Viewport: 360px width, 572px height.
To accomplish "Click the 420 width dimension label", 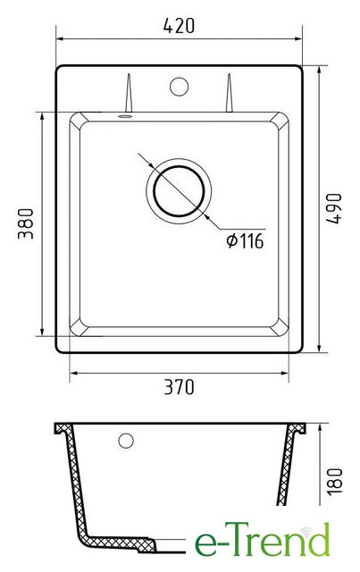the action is [179, 26].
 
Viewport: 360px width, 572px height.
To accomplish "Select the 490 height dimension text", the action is [334, 208].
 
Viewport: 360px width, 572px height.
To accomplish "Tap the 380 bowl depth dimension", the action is [26, 223].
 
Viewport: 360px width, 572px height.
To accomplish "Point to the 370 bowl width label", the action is [179, 387].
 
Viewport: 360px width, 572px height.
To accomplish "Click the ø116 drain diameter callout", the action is [245, 240].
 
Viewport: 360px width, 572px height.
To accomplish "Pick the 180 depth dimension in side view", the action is [334, 482].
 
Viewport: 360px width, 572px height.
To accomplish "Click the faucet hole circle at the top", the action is [179, 87].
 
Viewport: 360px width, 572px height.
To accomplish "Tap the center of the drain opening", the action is [179, 191].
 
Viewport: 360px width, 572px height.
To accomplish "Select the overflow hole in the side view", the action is [126, 441].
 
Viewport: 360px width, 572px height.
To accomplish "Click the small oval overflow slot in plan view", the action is [125, 116].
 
